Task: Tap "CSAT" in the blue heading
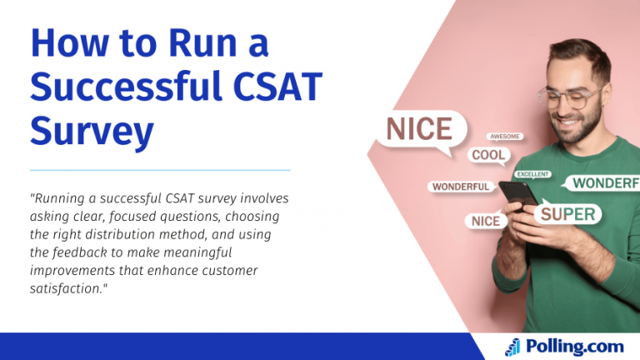tap(277, 87)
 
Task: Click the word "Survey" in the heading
tap(92, 131)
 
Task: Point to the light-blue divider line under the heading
tap(160, 170)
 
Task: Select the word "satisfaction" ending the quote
tap(65, 288)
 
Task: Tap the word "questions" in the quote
tap(190, 217)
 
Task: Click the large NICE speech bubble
tap(421, 131)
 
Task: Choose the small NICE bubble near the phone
tap(486, 221)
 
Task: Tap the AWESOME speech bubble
tap(504, 137)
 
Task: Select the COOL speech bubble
tap(488, 155)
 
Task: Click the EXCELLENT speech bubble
tap(532, 174)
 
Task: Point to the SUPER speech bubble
tap(567, 214)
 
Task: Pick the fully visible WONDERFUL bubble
tap(461, 187)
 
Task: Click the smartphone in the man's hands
tap(519, 195)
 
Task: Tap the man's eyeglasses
tap(569, 98)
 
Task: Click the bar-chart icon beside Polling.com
tap(513, 347)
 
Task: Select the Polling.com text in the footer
tap(575, 346)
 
